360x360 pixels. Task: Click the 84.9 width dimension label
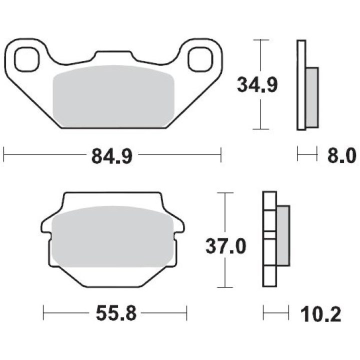(x=112, y=156)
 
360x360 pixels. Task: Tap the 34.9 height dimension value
(x=257, y=84)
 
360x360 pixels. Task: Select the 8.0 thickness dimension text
(x=342, y=155)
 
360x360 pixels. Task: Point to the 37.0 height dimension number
(x=225, y=246)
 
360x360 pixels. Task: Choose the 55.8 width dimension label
(x=116, y=313)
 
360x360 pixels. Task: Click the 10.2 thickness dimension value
(x=320, y=314)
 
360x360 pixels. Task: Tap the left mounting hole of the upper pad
(x=27, y=59)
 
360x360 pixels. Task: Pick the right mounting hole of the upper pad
(x=200, y=59)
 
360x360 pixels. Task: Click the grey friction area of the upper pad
(x=113, y=96)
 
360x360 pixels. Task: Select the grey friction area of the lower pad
(x=112, y=236)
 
